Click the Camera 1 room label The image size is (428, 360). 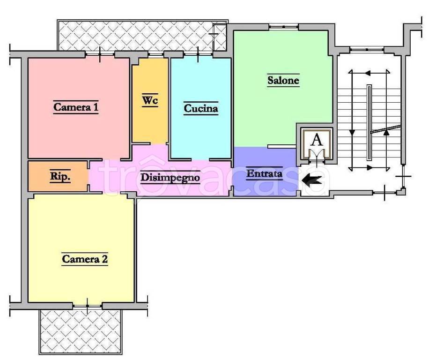tap(75, 107)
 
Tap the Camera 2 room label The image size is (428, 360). tap(85, 259)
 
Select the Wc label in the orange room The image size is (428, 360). tap(150, 100)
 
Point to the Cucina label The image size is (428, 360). tap(201, 108)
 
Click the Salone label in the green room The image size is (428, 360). tap(283, 80)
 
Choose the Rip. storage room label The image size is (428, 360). tap(60, 176)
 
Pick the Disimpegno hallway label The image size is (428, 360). tap(170, 178)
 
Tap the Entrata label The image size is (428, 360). tap(264, 173)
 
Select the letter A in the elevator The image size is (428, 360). tap(317, 140)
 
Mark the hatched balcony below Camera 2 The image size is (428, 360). tap(80, 331)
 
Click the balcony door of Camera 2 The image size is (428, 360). tap(88, 306)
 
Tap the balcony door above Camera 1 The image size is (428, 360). tap(100, 54)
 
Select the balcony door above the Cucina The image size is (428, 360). tap(198, 54)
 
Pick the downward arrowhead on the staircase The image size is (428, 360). tap(352, 133)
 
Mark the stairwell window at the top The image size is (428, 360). tap(367, 49)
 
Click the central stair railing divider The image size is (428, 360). tap(369, 122)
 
